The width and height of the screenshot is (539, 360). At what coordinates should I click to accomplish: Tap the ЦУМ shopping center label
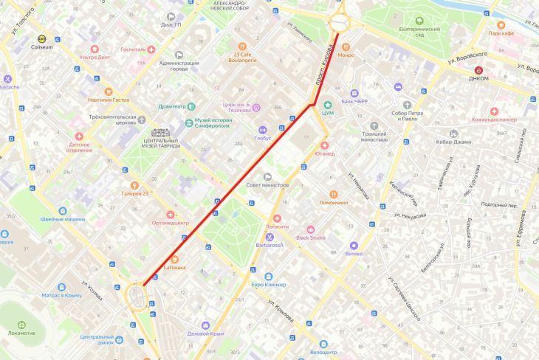pyautogui.click(x=329, y=113)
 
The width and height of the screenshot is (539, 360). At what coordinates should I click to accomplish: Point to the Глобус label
pyautogui.click(x=264, y=137)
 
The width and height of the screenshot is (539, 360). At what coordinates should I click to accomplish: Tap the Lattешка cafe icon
pyautogui.click(x=174, y=259)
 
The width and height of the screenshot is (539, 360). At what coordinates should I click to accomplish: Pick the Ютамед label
pyautogui.click(x=323, y=154)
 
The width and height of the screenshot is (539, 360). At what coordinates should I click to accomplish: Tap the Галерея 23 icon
pyautogui.click(x=134, y=185)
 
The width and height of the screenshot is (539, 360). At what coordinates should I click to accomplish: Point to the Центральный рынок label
pyautogui.click(x=96, y=339)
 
